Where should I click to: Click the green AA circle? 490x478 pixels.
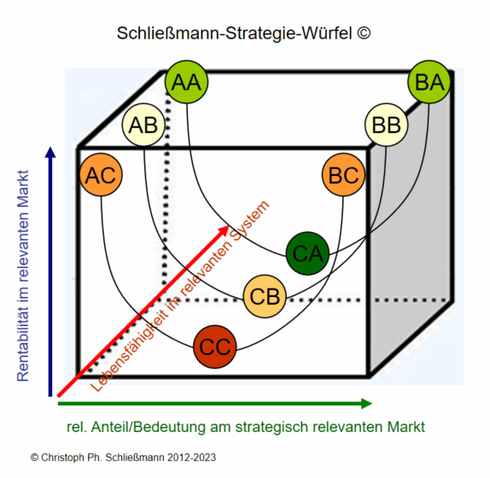(x=187, y=82)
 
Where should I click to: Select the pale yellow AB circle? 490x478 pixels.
(x=143, y=125)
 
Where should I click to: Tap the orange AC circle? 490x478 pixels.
(x=101, y=175)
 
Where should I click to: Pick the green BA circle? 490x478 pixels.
(x=429, y=82)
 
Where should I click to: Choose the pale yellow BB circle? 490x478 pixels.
(x=386, y=125)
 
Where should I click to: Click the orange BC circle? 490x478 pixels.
(x=343, y=175)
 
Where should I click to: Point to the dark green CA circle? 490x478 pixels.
(x=308, y=254)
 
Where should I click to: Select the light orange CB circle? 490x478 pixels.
(x=265, y=296)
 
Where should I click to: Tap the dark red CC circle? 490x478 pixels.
(x=214, y=347)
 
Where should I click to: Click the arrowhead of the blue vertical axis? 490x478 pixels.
(x=50, y=152)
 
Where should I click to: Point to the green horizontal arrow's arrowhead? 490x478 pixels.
(x=366, y=404)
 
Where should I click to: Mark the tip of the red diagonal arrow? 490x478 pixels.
(x=229, y=226)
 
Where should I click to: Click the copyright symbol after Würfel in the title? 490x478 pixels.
(x=364, y=32)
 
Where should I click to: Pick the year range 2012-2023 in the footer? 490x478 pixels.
(x=191, y=458)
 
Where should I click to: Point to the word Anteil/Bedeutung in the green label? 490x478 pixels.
(x=148, y=427)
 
